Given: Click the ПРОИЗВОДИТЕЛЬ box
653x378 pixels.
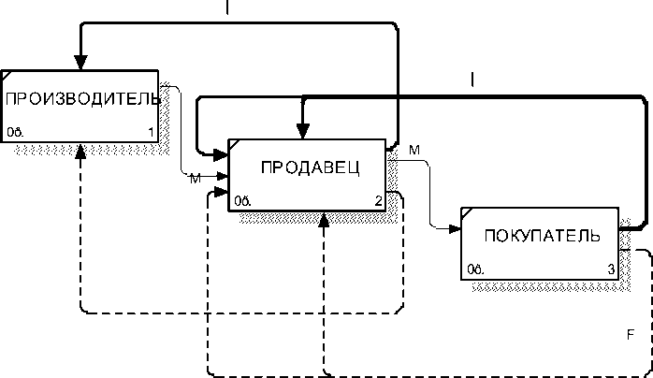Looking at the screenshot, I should [x=79, y=104].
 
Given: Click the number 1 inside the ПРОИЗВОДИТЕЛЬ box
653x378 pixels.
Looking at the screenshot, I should [x=151, y=131].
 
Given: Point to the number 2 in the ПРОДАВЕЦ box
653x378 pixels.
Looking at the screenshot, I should [x=378, y=200].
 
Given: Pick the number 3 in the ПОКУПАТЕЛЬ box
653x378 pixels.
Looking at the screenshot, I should [x=611, y=269].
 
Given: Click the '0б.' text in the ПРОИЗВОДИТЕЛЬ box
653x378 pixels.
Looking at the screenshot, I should [x=15, y=131].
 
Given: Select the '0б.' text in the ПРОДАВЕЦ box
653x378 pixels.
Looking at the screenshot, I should [x=241, y=200].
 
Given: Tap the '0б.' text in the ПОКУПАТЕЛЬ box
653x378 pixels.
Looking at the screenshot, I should [x=474, y=269].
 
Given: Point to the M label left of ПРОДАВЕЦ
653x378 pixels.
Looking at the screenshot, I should [x=195, y=178].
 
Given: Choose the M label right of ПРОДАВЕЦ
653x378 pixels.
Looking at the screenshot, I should [x=414, y=150].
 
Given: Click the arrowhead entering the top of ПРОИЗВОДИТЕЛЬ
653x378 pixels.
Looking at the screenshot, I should [x=81, y=62].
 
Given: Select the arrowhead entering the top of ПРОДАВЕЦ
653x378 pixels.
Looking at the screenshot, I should [x=301, y=131].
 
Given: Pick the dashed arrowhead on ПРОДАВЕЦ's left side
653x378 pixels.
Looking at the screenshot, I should [x=222, y=193].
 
